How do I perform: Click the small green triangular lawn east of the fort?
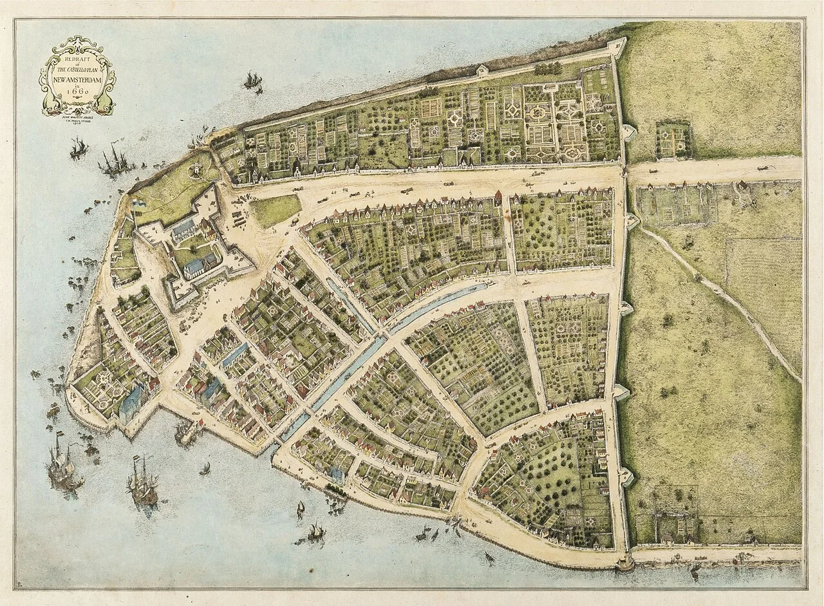coord(275,210)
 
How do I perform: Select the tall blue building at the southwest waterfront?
coord(133,402)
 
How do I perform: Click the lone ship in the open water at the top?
coord(252,80)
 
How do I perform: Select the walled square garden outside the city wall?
coord(673,140)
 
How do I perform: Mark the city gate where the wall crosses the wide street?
coord(625,171)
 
